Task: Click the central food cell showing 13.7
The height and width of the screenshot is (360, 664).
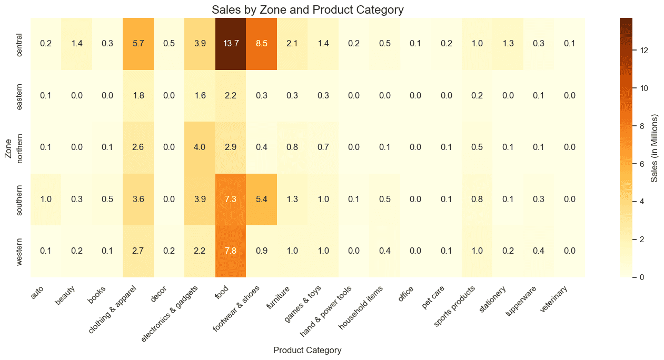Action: tap(231, 44)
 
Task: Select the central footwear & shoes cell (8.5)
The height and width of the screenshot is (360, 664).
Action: tap(261, 44)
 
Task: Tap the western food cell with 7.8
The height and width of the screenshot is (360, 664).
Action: tap(231, 251)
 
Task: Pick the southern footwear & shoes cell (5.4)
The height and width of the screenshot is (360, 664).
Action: tap(261, 199)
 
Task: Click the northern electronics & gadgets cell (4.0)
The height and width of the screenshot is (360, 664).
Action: tap(200, 147)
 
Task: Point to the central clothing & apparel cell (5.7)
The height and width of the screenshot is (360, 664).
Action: tap(138, 44)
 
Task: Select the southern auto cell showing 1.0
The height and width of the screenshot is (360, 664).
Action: tap(46, 199)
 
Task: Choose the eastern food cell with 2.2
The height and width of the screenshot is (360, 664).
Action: tap(231, 96)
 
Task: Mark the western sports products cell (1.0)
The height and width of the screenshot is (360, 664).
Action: tap(477, 251)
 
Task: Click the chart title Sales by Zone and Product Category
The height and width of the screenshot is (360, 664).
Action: tap(307, 9)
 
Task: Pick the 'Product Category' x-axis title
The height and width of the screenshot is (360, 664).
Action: tap(307, 350)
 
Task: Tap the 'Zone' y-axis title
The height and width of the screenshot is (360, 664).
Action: tap(8, 147)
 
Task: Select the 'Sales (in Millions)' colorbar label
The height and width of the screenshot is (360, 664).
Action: tap(655, 147)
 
